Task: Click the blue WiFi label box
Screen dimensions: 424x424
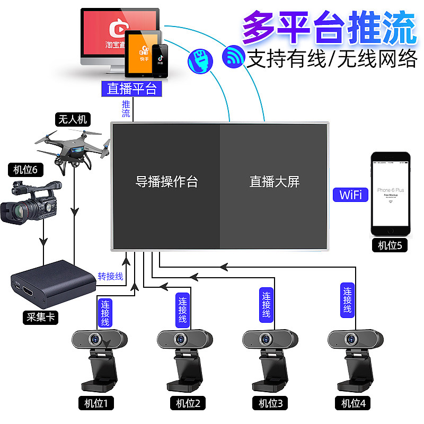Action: pyautogui.click(x=351, y=195)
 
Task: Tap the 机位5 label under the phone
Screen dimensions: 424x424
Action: pyautogui.click(x=390, y=245)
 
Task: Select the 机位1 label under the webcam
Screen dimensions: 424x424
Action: pyautogui.click(x=96, y=403)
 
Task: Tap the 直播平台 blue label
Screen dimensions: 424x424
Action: pyautogui.click(x=132, y=88)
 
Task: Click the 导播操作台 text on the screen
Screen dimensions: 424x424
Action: pyautogui.click(x=166, y=182)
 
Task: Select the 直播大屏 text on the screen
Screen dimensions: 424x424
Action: pyautogui.click(x=275, y=182)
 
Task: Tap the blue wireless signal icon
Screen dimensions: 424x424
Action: pyautogui.click(x=233, y=56)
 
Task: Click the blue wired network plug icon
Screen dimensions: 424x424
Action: pyautogui.click(x=200, y=60)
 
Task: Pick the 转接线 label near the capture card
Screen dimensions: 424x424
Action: pyautogui.click(x=110, y=276)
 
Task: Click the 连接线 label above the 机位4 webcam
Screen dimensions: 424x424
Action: pyautogui.click(x=348, y=299)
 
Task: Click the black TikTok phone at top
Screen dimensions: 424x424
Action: pyautogui.click(x=161, y=59)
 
